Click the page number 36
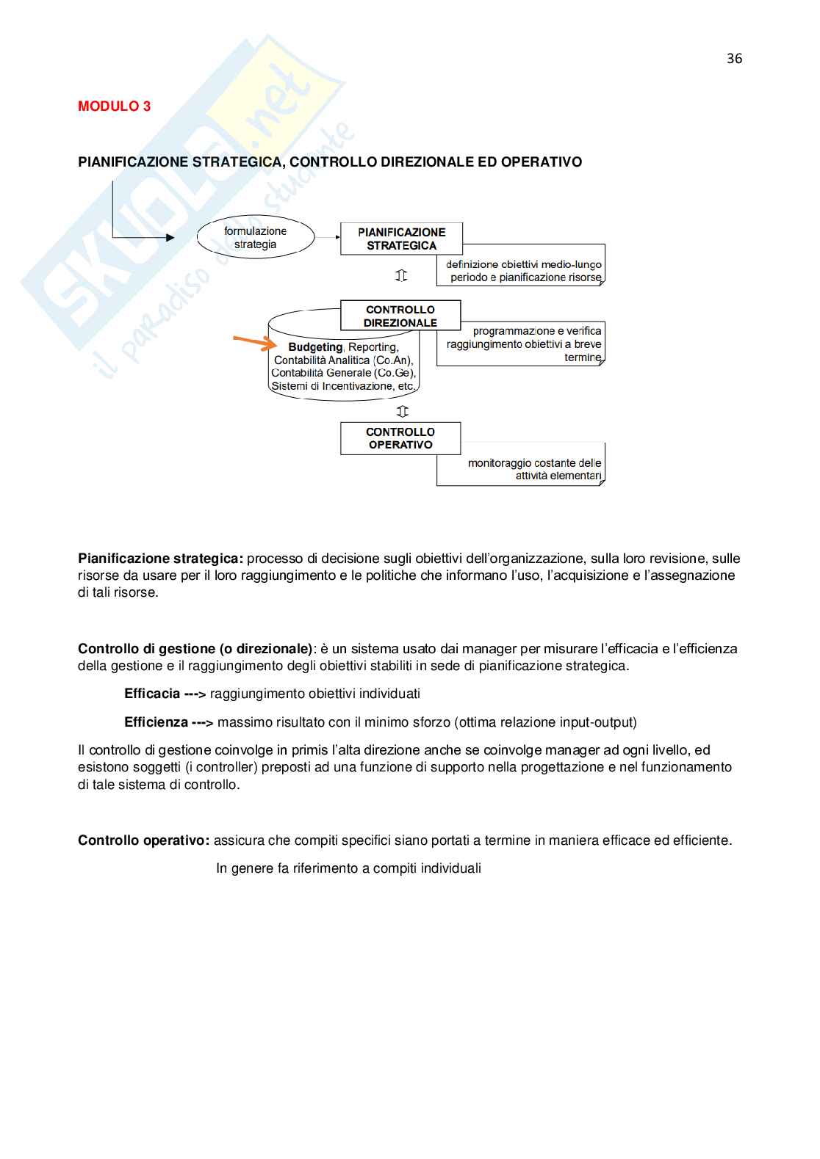click(x=734, y=59)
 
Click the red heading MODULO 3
click(x=114, y=106)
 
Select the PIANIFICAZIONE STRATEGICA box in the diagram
click(x=401, y=239)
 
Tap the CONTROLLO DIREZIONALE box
click(x=400, y=316)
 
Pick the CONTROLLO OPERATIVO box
click(x=400, y=438)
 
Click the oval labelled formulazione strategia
click(x=255, y=237)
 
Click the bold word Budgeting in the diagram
click(x=315, y=347)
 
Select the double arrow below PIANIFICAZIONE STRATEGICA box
click(x=401, y=276)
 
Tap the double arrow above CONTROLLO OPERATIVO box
click(x=402, y=411)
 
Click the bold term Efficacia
click(x=152, y=694)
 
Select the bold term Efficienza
click(x=156, y=722)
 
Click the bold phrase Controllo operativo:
click(x=144, y=840)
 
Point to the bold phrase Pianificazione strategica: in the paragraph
click(x=160, y=559)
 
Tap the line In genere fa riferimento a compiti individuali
click(x=348, y=868)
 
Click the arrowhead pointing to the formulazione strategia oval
click(x=170, y=237)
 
